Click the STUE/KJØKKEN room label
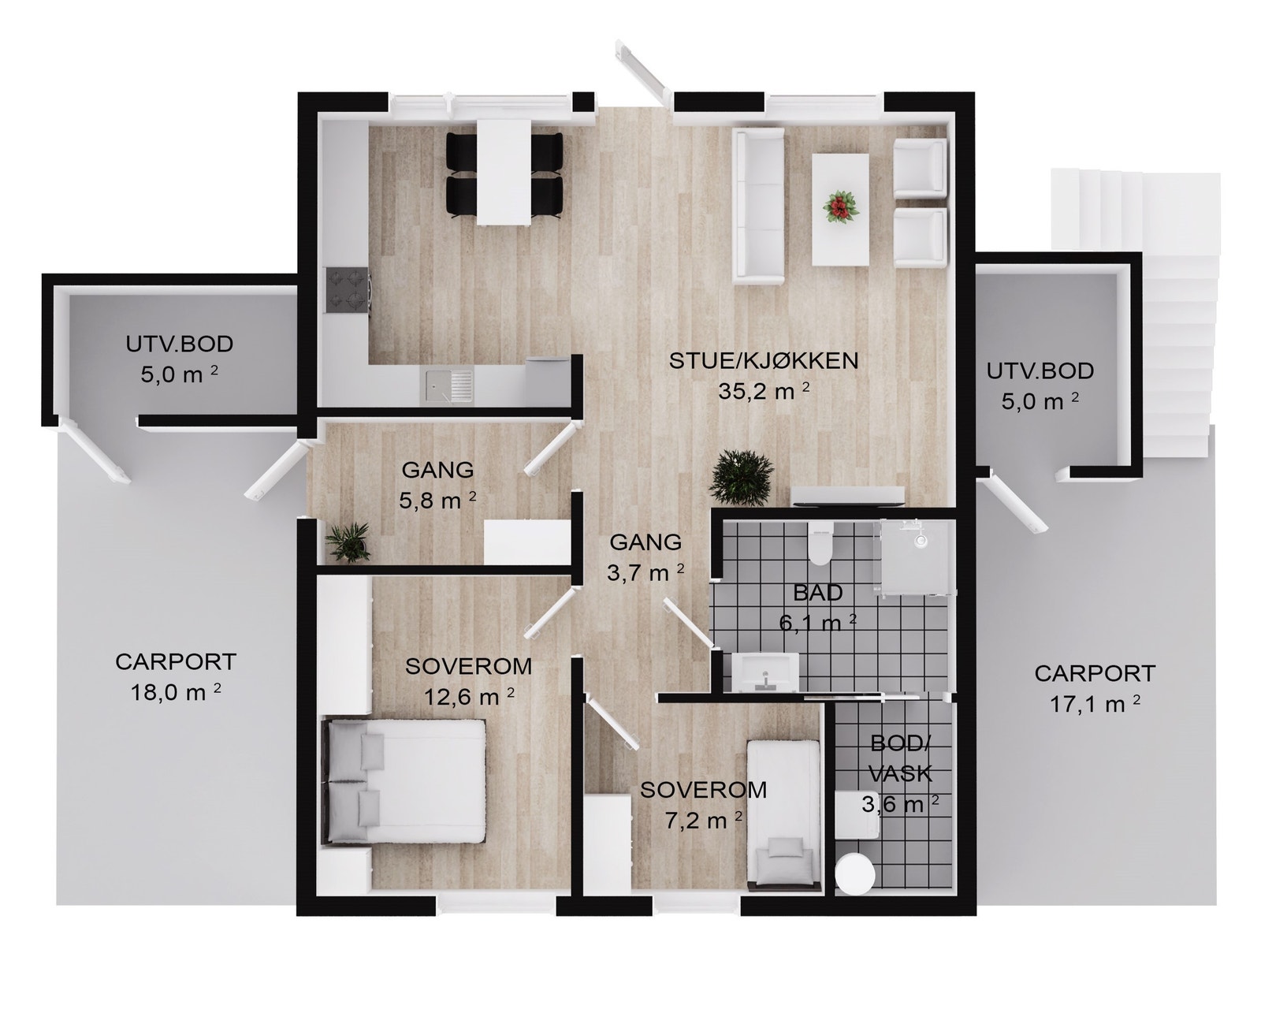763,362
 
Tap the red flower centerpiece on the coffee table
839,209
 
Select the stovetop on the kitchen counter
348,290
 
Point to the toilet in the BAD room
820,544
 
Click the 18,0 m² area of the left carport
175,692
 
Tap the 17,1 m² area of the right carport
1095,703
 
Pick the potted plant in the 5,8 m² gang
348,542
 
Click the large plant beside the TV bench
742,476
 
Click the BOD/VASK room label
900,758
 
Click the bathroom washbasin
764,672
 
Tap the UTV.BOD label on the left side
180,344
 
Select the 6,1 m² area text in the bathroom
817,623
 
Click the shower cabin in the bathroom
916,557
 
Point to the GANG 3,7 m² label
645,557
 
